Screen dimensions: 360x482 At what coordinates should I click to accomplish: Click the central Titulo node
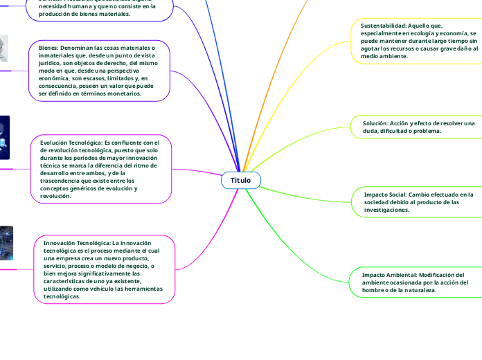click(241, 180)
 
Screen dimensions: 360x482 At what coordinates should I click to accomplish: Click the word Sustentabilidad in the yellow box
click(383, 25)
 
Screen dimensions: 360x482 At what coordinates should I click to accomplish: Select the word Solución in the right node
click(375, 123)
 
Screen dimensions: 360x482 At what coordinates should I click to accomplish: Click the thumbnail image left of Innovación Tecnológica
click(6, 243)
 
